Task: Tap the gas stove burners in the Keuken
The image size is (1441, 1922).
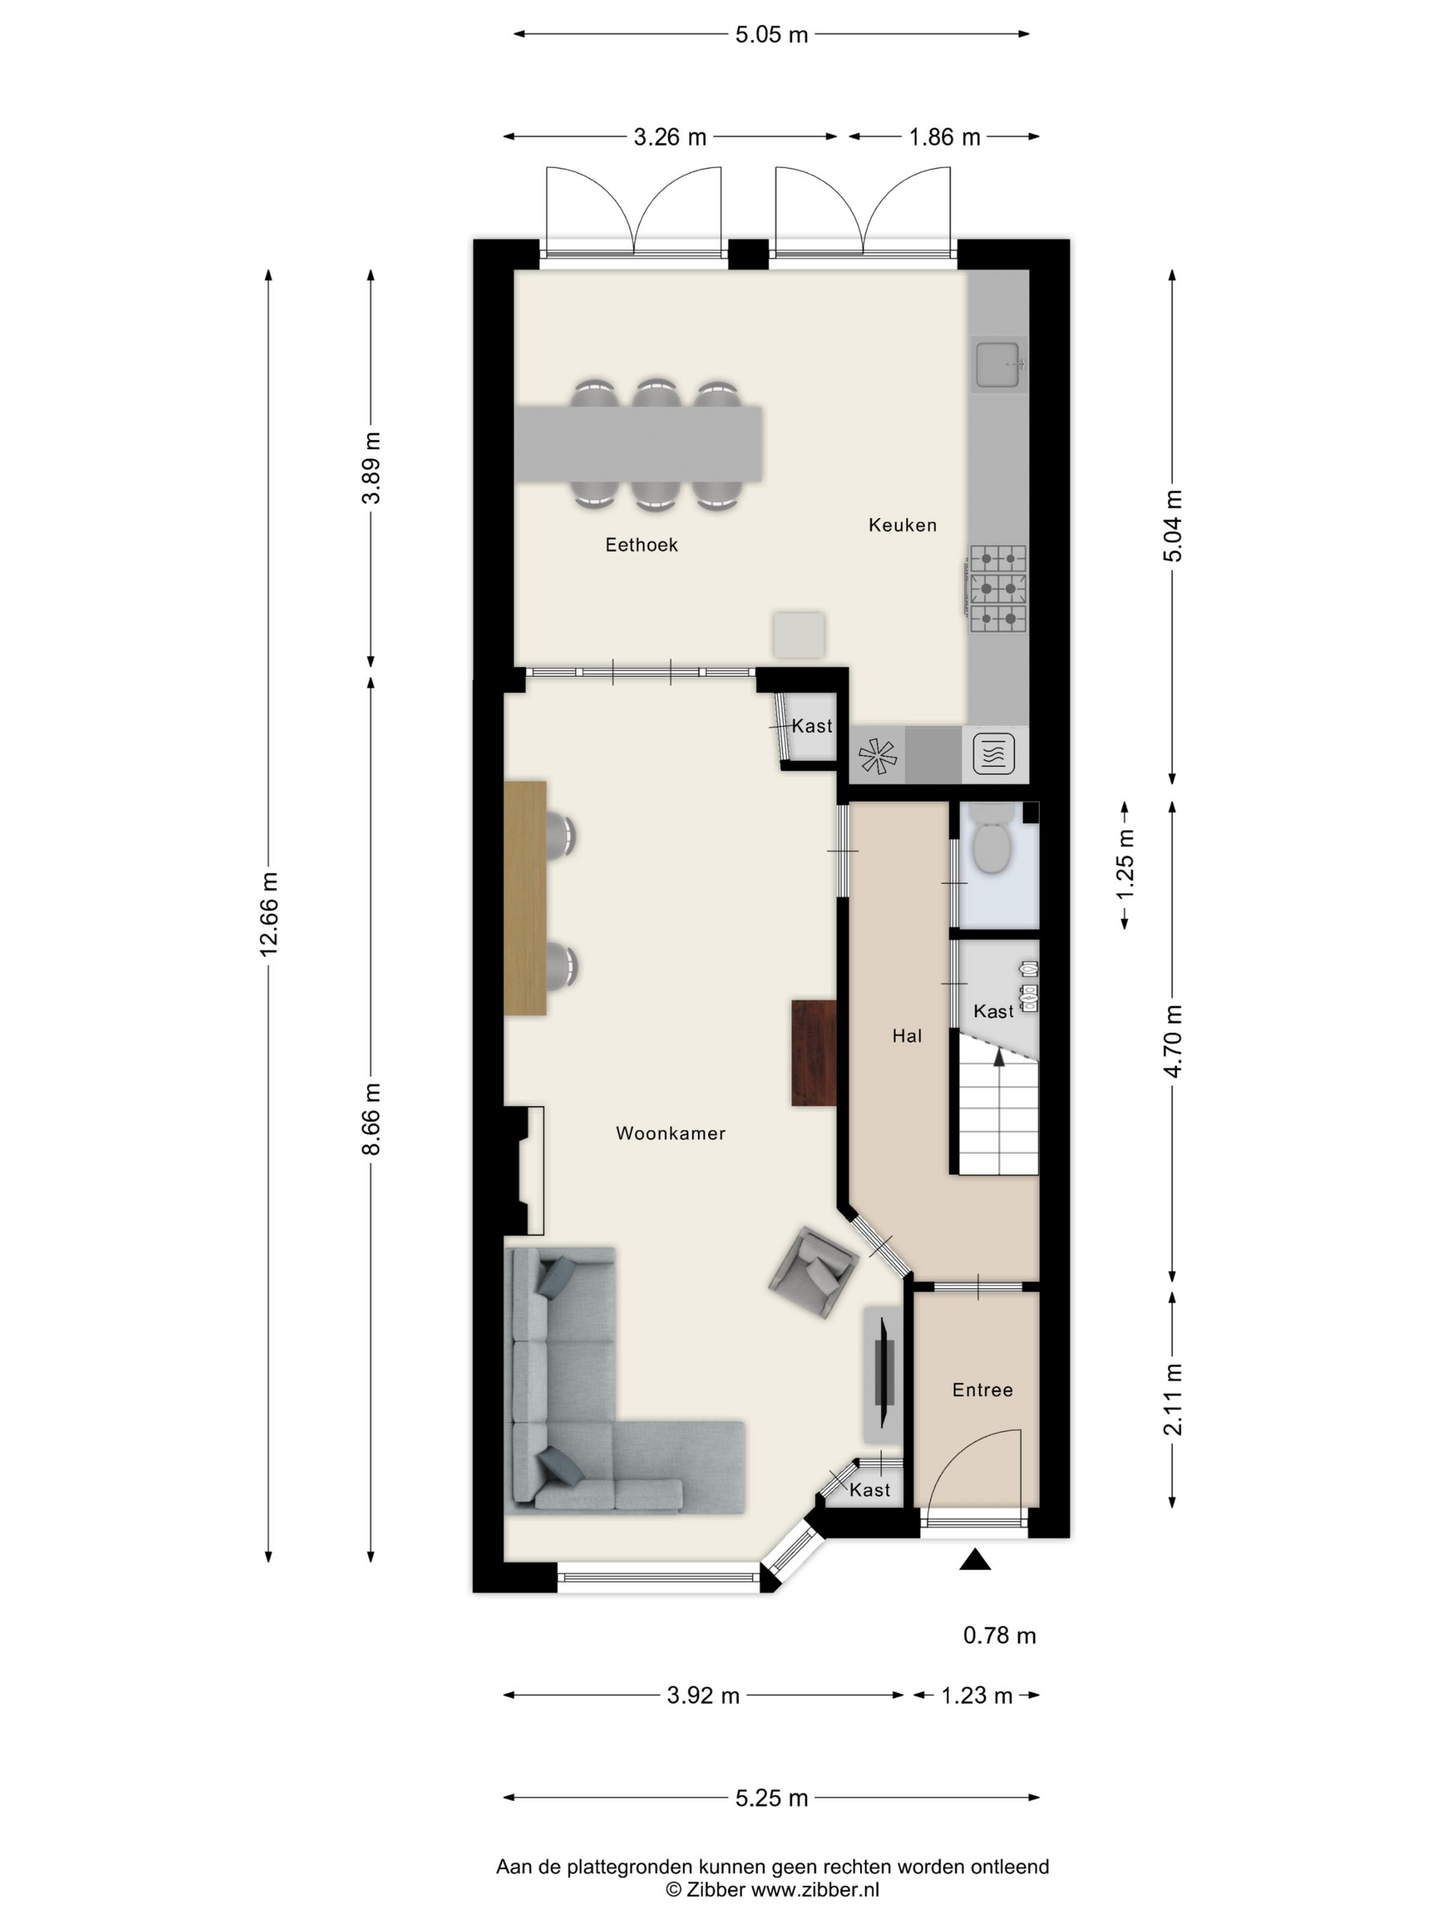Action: pos(997,588)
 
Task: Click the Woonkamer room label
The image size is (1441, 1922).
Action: pos(670,1133)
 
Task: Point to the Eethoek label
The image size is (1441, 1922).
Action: pos(641,545)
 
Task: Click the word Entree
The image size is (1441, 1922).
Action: pos(983,1390)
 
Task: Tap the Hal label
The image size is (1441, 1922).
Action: pos(907,1036)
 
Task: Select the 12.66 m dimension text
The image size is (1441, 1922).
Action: pos(269,914)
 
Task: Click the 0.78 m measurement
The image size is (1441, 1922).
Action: pos(999,1635)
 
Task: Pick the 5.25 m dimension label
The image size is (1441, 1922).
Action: pos(771,1798)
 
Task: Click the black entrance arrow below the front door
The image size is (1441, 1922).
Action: pos(974,1560)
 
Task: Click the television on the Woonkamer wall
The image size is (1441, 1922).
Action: pos(884,1373)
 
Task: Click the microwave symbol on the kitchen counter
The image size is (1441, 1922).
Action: pos(994,753)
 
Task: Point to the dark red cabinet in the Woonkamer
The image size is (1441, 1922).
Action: pos(814,1053)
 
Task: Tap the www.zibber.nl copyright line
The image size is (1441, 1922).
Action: pos(772,1890)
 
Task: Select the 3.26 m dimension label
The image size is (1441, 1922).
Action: pos(670,137)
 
